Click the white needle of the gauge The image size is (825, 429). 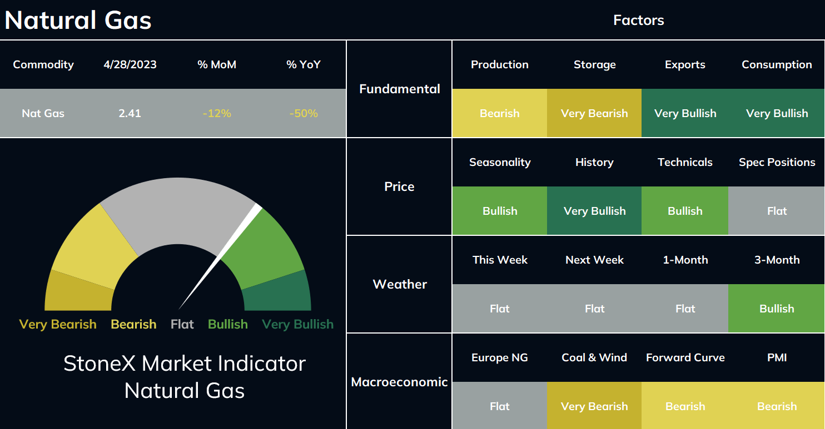tap(220, 256)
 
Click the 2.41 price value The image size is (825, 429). tap(130, 113)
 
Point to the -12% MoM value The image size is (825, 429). tap(217, 113)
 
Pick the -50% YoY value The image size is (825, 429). tap(304, 113)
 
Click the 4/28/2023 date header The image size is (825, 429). tap(130, 65)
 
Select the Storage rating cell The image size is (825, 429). tap(594, 113)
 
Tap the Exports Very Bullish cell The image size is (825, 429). tap(685, 113)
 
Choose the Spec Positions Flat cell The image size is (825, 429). tap(777, 211)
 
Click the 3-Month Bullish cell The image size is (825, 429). tap(777, 309)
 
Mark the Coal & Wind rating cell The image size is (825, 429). tap(594, 406)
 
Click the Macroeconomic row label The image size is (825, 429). tap(399, 382)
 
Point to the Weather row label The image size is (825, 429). tap(400, 284)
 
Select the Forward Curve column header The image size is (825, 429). tap(685, 357)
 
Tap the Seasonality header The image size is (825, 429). tap(500, 163)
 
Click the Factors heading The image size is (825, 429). tap(639, 20)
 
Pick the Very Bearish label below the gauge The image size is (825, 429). tap(58, 324)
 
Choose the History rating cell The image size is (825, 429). tap(594, 211)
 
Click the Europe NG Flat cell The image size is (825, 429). tap(499, 406)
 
